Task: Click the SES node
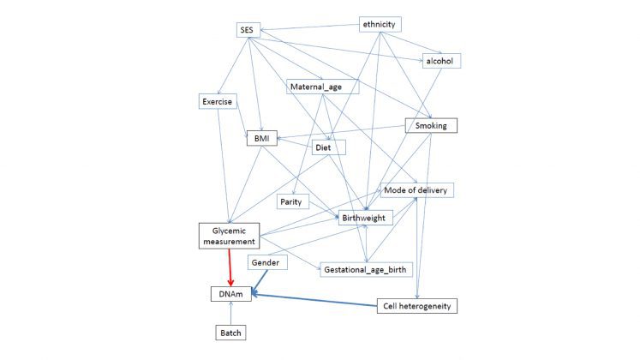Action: tap(248, 30)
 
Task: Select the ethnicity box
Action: tap(379, 24)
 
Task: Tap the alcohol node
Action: tap(441, 61)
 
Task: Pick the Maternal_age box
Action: tap(322, 87)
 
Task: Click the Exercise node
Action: tap(217, 102)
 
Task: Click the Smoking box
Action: tap(431, 126)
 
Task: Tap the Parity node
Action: tap(293, 201)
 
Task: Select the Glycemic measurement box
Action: tap(228, 236)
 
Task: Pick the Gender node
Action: tap(265, 261)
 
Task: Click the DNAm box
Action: tap(231, 294)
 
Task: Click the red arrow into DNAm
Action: tap(230, 267)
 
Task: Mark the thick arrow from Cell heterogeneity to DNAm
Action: tap(317, 300)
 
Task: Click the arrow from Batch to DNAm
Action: tap(231, 313)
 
